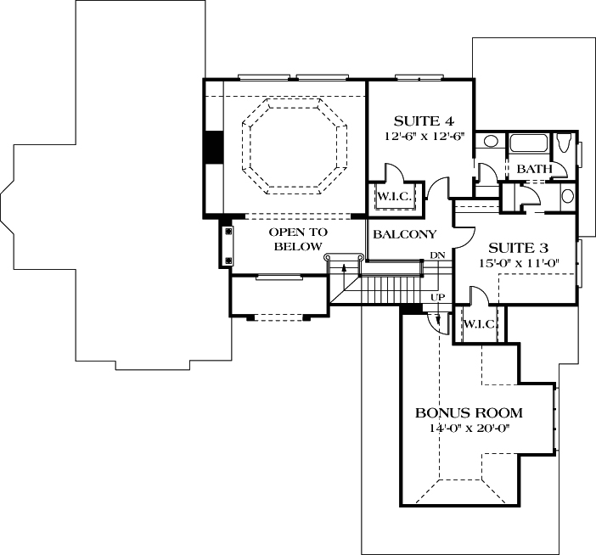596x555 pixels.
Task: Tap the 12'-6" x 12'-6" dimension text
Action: [419, 136]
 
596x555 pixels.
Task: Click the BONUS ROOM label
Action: [469, 413]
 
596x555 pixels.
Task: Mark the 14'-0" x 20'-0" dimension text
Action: [468, 429]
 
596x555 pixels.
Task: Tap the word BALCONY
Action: [404, 234]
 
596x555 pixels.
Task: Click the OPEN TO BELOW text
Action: [298, 239]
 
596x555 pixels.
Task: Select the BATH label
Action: [535, 170]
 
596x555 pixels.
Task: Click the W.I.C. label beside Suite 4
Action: [394, 197]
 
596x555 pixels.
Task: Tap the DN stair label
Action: [438, 255]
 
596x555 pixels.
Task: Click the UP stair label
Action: [438, 297]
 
